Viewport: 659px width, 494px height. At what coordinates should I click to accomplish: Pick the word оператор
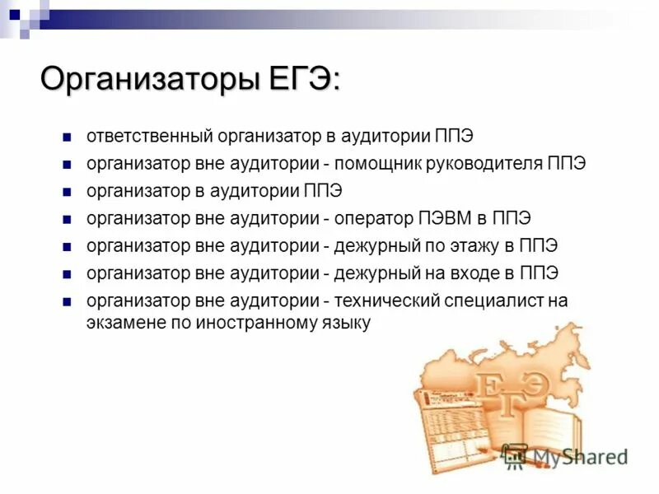click(373, 218)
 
